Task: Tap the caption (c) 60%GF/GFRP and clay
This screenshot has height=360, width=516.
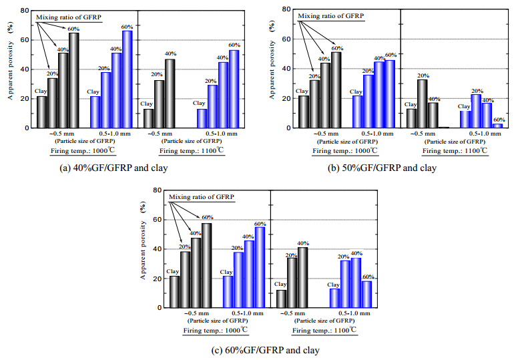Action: pos(254,349)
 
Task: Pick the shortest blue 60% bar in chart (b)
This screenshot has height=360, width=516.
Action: pos(497,126)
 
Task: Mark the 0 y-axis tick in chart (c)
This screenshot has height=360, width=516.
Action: pos(158,309)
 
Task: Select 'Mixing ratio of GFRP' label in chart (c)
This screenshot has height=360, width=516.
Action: pos(202,196)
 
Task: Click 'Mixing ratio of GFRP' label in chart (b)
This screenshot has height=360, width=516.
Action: pos(332,15)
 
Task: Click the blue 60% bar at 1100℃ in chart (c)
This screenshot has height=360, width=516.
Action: pos(367,295)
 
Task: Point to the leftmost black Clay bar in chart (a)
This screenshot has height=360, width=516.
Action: pos(42,112)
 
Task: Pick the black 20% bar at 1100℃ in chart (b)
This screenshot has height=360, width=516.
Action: pos(422,104)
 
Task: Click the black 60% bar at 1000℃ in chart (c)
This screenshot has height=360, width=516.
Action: pos(207,265)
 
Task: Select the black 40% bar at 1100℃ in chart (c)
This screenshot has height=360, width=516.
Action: pos(302,278)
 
